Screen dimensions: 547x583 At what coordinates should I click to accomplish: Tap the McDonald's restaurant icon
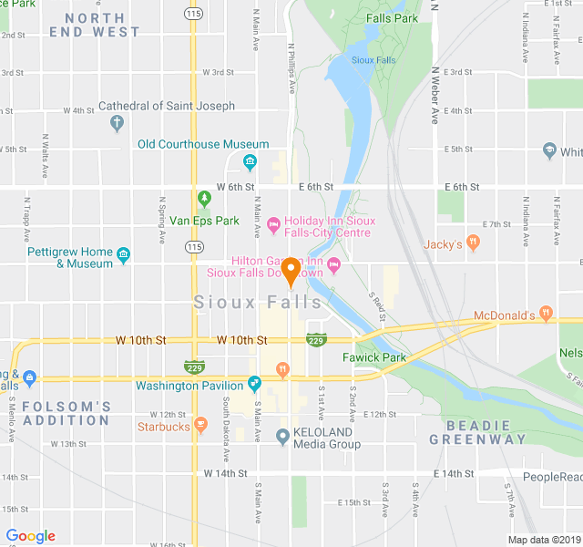(x=546, y=314)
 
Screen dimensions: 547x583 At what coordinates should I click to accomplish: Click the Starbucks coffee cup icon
(x=200, y=426)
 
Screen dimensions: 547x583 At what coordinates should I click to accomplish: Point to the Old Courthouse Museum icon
(x=250, y=163)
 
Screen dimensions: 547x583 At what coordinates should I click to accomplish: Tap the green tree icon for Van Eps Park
(x=205, y=198)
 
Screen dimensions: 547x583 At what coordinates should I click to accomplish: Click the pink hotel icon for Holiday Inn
(x=272, y=222)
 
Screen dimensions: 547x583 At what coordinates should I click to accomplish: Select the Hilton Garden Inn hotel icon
(x=332, y=265)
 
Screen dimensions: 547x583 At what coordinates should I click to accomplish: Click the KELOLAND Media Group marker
(x=282, y=438)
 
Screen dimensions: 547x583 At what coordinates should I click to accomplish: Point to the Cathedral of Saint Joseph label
(x=167, y=106)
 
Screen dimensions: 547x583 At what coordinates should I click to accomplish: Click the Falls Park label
(x=392, y=18)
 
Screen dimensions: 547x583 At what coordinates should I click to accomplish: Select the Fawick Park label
(x=373, y=357)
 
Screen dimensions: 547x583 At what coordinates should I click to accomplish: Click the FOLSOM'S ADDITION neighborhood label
(x=66, y=413)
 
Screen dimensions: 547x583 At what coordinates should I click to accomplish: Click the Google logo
(x=30, y=536)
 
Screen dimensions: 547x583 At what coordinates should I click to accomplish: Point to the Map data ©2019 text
(x=543, y=539)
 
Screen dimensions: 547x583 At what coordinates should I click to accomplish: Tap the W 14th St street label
(x=225, y=474)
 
